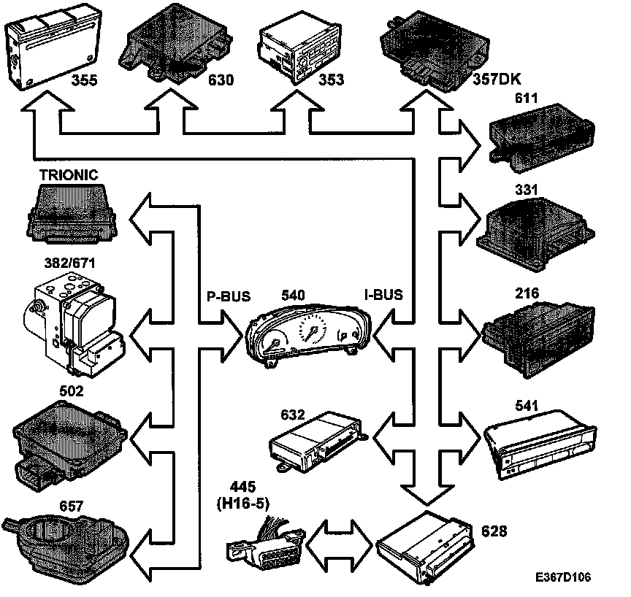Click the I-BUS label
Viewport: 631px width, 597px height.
tap(383, 296)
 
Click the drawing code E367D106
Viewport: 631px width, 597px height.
tap(562, 577)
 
